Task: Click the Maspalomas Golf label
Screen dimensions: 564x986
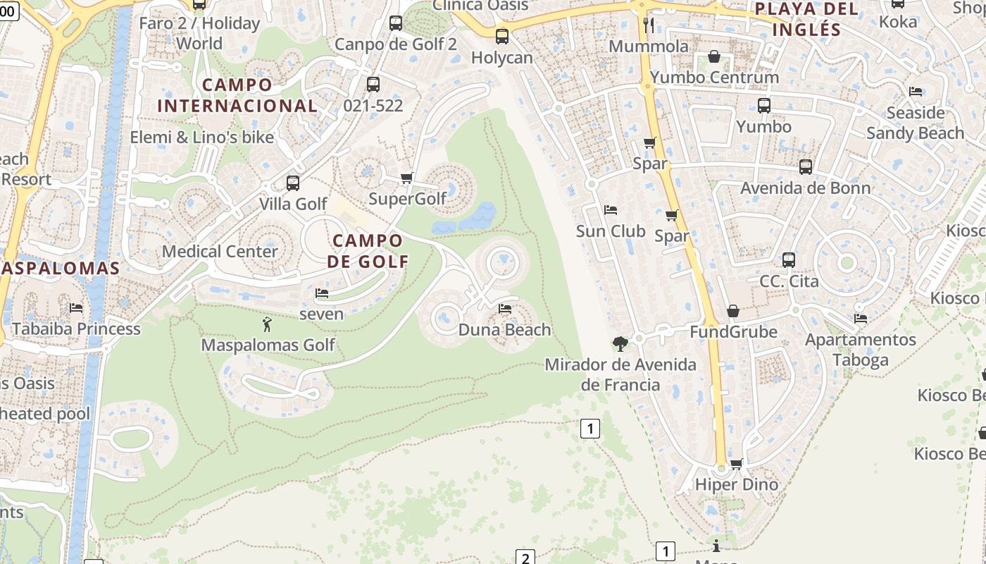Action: coord(268,345)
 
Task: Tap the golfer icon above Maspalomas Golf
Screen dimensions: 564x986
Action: coord(267,324)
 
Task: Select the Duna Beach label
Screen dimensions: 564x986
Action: coord(504,329)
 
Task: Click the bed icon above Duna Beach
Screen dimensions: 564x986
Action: coord(504,308)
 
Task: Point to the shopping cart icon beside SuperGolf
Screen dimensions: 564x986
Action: coord(406,178)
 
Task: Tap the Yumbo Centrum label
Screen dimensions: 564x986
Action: coord(714,77)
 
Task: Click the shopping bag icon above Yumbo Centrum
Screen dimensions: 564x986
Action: coord(714,56)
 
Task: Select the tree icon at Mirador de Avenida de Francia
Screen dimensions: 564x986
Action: coord(620,343)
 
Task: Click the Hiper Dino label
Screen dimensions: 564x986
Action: coord(736,484)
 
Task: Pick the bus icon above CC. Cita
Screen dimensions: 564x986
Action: coord(789,259)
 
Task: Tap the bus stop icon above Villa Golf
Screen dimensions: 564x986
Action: coord(293,183)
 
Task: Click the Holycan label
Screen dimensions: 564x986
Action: coord(501,57)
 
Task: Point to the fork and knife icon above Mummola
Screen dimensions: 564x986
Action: coord(649,25)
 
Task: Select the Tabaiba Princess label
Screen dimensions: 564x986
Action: coord(76,329)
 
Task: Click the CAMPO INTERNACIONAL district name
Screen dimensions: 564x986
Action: coord(237,95)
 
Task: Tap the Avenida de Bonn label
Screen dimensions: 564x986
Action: coord(805,188)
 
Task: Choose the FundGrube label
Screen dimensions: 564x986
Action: coord(733,331)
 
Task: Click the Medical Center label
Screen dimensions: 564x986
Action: coord(220,251)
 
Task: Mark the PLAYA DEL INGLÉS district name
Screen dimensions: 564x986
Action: coord(806,19)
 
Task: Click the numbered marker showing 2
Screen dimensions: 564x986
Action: coord(525,558)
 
